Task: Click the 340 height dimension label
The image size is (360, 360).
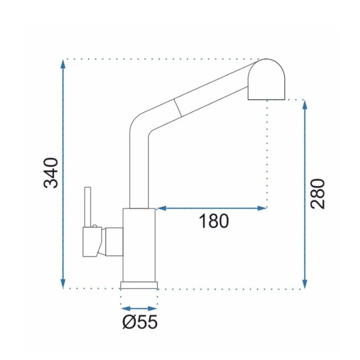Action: click(x=51, y=173)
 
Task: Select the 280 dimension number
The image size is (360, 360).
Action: click(x=317, y=194)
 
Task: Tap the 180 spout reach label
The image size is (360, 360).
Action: click(x=214, y=221)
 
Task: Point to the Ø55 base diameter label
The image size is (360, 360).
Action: click(x=140, y=322)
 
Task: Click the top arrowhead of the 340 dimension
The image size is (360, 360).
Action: click(x=63, y=64)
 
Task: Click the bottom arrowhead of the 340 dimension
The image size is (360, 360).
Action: click(x=63, y=284)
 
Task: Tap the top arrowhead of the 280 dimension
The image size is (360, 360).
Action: click(x=305, y=105)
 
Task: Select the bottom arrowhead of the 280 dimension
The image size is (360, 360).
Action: click(x=305, y=284)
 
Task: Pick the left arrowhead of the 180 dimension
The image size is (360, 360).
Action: click(x=161, y=208)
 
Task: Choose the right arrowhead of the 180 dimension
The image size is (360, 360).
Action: click(x=262, y=208)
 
